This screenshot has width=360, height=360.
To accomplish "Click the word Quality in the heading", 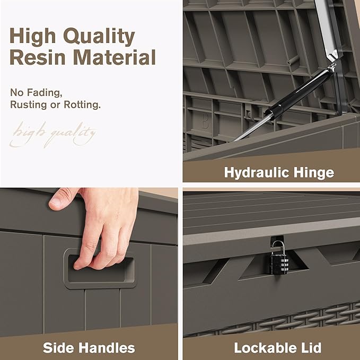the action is [99, 37].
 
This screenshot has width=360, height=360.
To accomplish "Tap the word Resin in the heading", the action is [38, 57].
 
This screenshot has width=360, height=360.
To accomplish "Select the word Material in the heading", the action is [115, 57].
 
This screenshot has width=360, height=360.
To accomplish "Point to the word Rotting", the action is [82, 104].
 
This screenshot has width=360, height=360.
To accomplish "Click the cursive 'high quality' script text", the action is [53, 134].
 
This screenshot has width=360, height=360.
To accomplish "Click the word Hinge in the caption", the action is [314, 172].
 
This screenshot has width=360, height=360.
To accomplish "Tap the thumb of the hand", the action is [62, 199].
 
